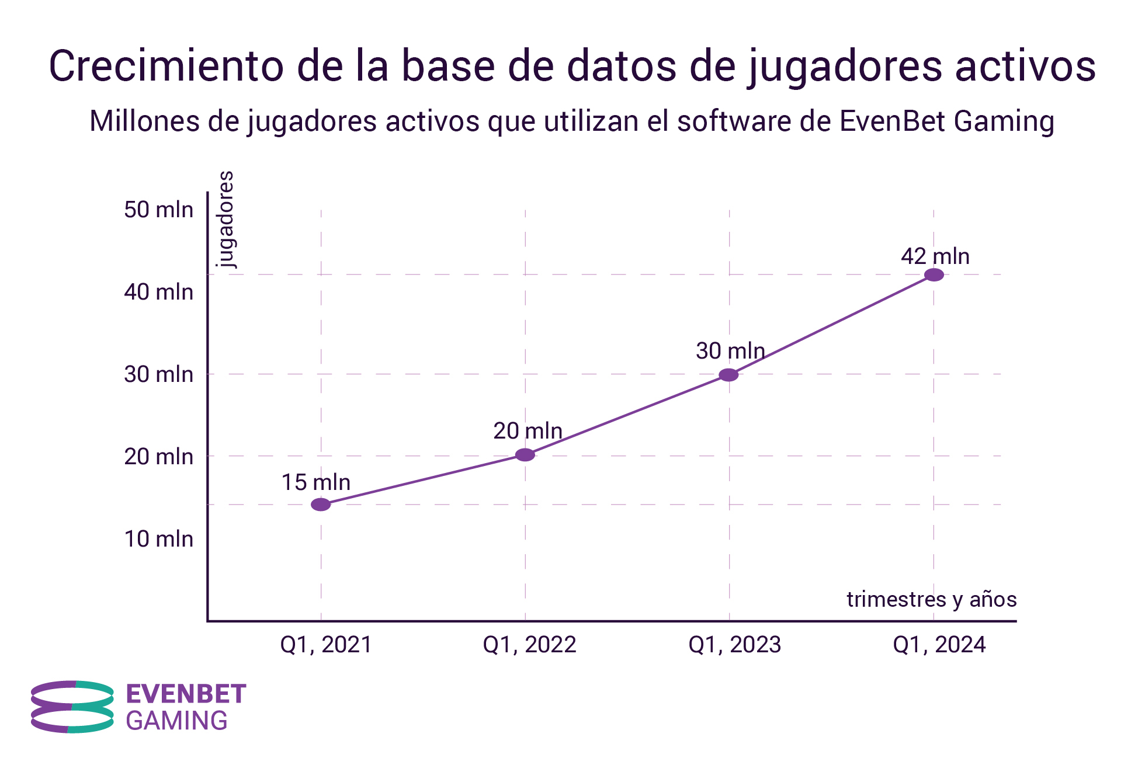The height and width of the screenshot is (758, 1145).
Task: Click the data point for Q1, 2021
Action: point(321,505)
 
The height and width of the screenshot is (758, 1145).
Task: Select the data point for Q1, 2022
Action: point(525,455)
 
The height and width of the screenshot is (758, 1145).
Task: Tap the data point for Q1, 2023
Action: point(728,375)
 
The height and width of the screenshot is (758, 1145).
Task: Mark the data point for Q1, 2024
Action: point(934,274)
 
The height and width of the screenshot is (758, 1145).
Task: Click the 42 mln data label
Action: point(935,256)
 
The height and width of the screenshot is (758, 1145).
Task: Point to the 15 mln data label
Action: point(316,482)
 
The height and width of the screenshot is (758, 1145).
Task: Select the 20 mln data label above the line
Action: point(528,431)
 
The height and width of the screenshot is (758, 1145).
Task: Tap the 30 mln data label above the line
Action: point(730,351)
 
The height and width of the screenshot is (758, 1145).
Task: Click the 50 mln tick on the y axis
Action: point(158,210)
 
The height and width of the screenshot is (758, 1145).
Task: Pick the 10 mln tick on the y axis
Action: point(158,538)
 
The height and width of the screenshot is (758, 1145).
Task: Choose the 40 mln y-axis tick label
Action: point(158,292)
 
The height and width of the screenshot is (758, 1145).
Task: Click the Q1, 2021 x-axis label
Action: point(326,645)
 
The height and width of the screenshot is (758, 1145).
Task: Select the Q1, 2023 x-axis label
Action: point(734,645)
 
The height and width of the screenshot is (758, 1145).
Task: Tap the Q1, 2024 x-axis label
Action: point(939,645)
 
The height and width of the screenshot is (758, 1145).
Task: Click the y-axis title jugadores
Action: point(225,219)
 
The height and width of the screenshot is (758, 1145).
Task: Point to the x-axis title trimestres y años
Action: point(931,599)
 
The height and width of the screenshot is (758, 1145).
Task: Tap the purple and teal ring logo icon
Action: point(72,707)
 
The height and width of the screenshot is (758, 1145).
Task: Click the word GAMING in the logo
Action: point(176,721)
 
